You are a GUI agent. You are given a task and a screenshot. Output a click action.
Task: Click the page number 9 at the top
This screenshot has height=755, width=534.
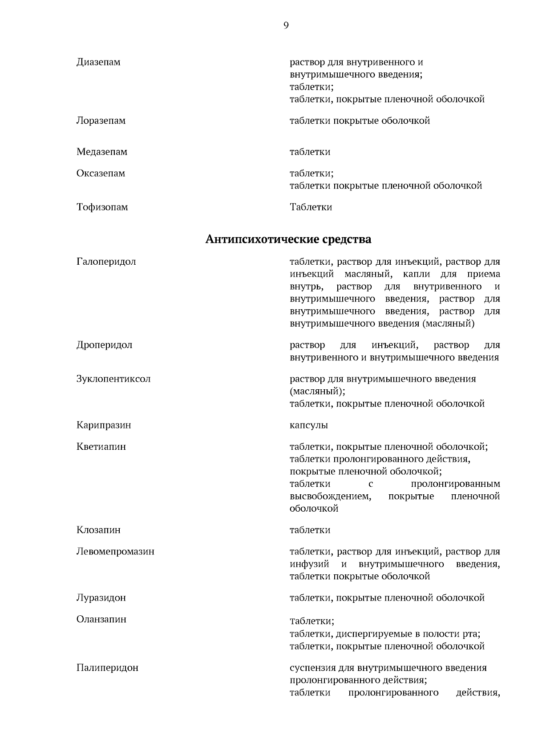(x=286, y=25)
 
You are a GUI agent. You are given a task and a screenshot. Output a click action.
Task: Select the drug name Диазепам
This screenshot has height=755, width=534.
(x=98, y=62)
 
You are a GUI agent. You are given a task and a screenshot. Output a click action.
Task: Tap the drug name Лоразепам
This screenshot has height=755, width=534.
(x=101, y=121)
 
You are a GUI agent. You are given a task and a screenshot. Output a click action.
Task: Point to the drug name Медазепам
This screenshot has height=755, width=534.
(x=102, y=152)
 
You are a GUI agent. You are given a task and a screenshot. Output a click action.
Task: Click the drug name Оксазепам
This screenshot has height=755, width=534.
(x=101, y=173)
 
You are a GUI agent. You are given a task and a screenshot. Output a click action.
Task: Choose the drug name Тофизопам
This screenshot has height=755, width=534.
(x=102, y=207)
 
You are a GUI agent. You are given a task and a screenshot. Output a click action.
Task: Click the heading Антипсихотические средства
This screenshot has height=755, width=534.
(x=288, y=239)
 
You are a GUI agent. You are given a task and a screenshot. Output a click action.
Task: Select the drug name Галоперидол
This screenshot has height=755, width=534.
(x=106, y=261)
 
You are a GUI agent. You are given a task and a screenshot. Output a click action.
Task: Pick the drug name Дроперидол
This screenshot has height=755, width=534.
(x=105, y=345)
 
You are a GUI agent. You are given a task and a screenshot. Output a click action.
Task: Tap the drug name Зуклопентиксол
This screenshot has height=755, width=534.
(x=113, y=379)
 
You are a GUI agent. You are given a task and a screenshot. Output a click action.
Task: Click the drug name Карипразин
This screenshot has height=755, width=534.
(x=104, y=425)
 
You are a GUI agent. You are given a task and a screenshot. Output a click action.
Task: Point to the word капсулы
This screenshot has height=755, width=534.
(x=309, y=425)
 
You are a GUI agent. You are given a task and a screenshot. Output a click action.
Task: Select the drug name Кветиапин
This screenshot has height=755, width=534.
(x=101, y=446)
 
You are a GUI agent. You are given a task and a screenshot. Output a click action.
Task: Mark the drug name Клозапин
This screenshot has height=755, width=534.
(x=98, y=530)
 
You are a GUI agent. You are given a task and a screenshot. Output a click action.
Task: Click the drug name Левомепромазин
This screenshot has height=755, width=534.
(x=116, y=551)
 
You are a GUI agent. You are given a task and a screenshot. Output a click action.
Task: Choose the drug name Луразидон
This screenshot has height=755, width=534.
(x=101, y=598)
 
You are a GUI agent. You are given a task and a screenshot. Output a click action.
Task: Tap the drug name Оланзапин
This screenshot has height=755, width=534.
(x=101, y=619)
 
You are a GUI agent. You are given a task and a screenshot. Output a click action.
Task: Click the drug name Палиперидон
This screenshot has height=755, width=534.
(x=107, y=667)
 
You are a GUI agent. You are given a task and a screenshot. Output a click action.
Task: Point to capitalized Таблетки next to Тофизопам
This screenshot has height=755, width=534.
(x=311, y=207)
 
